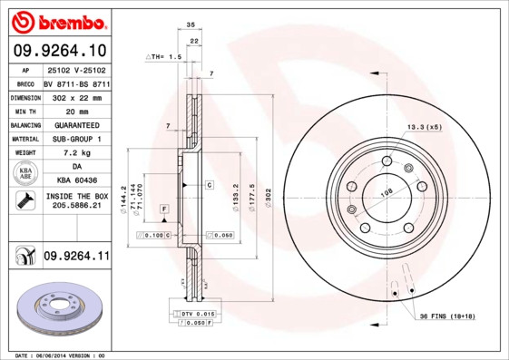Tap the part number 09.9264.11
tap(75, 257)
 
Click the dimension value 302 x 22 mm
tap(76, 95)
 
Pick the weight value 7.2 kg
tap(76, 153)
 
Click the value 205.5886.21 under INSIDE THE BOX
tap(76, 208)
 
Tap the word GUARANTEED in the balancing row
tap(76, 124)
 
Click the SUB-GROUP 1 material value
tap(76, 139)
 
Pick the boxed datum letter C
tap(209, 184)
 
